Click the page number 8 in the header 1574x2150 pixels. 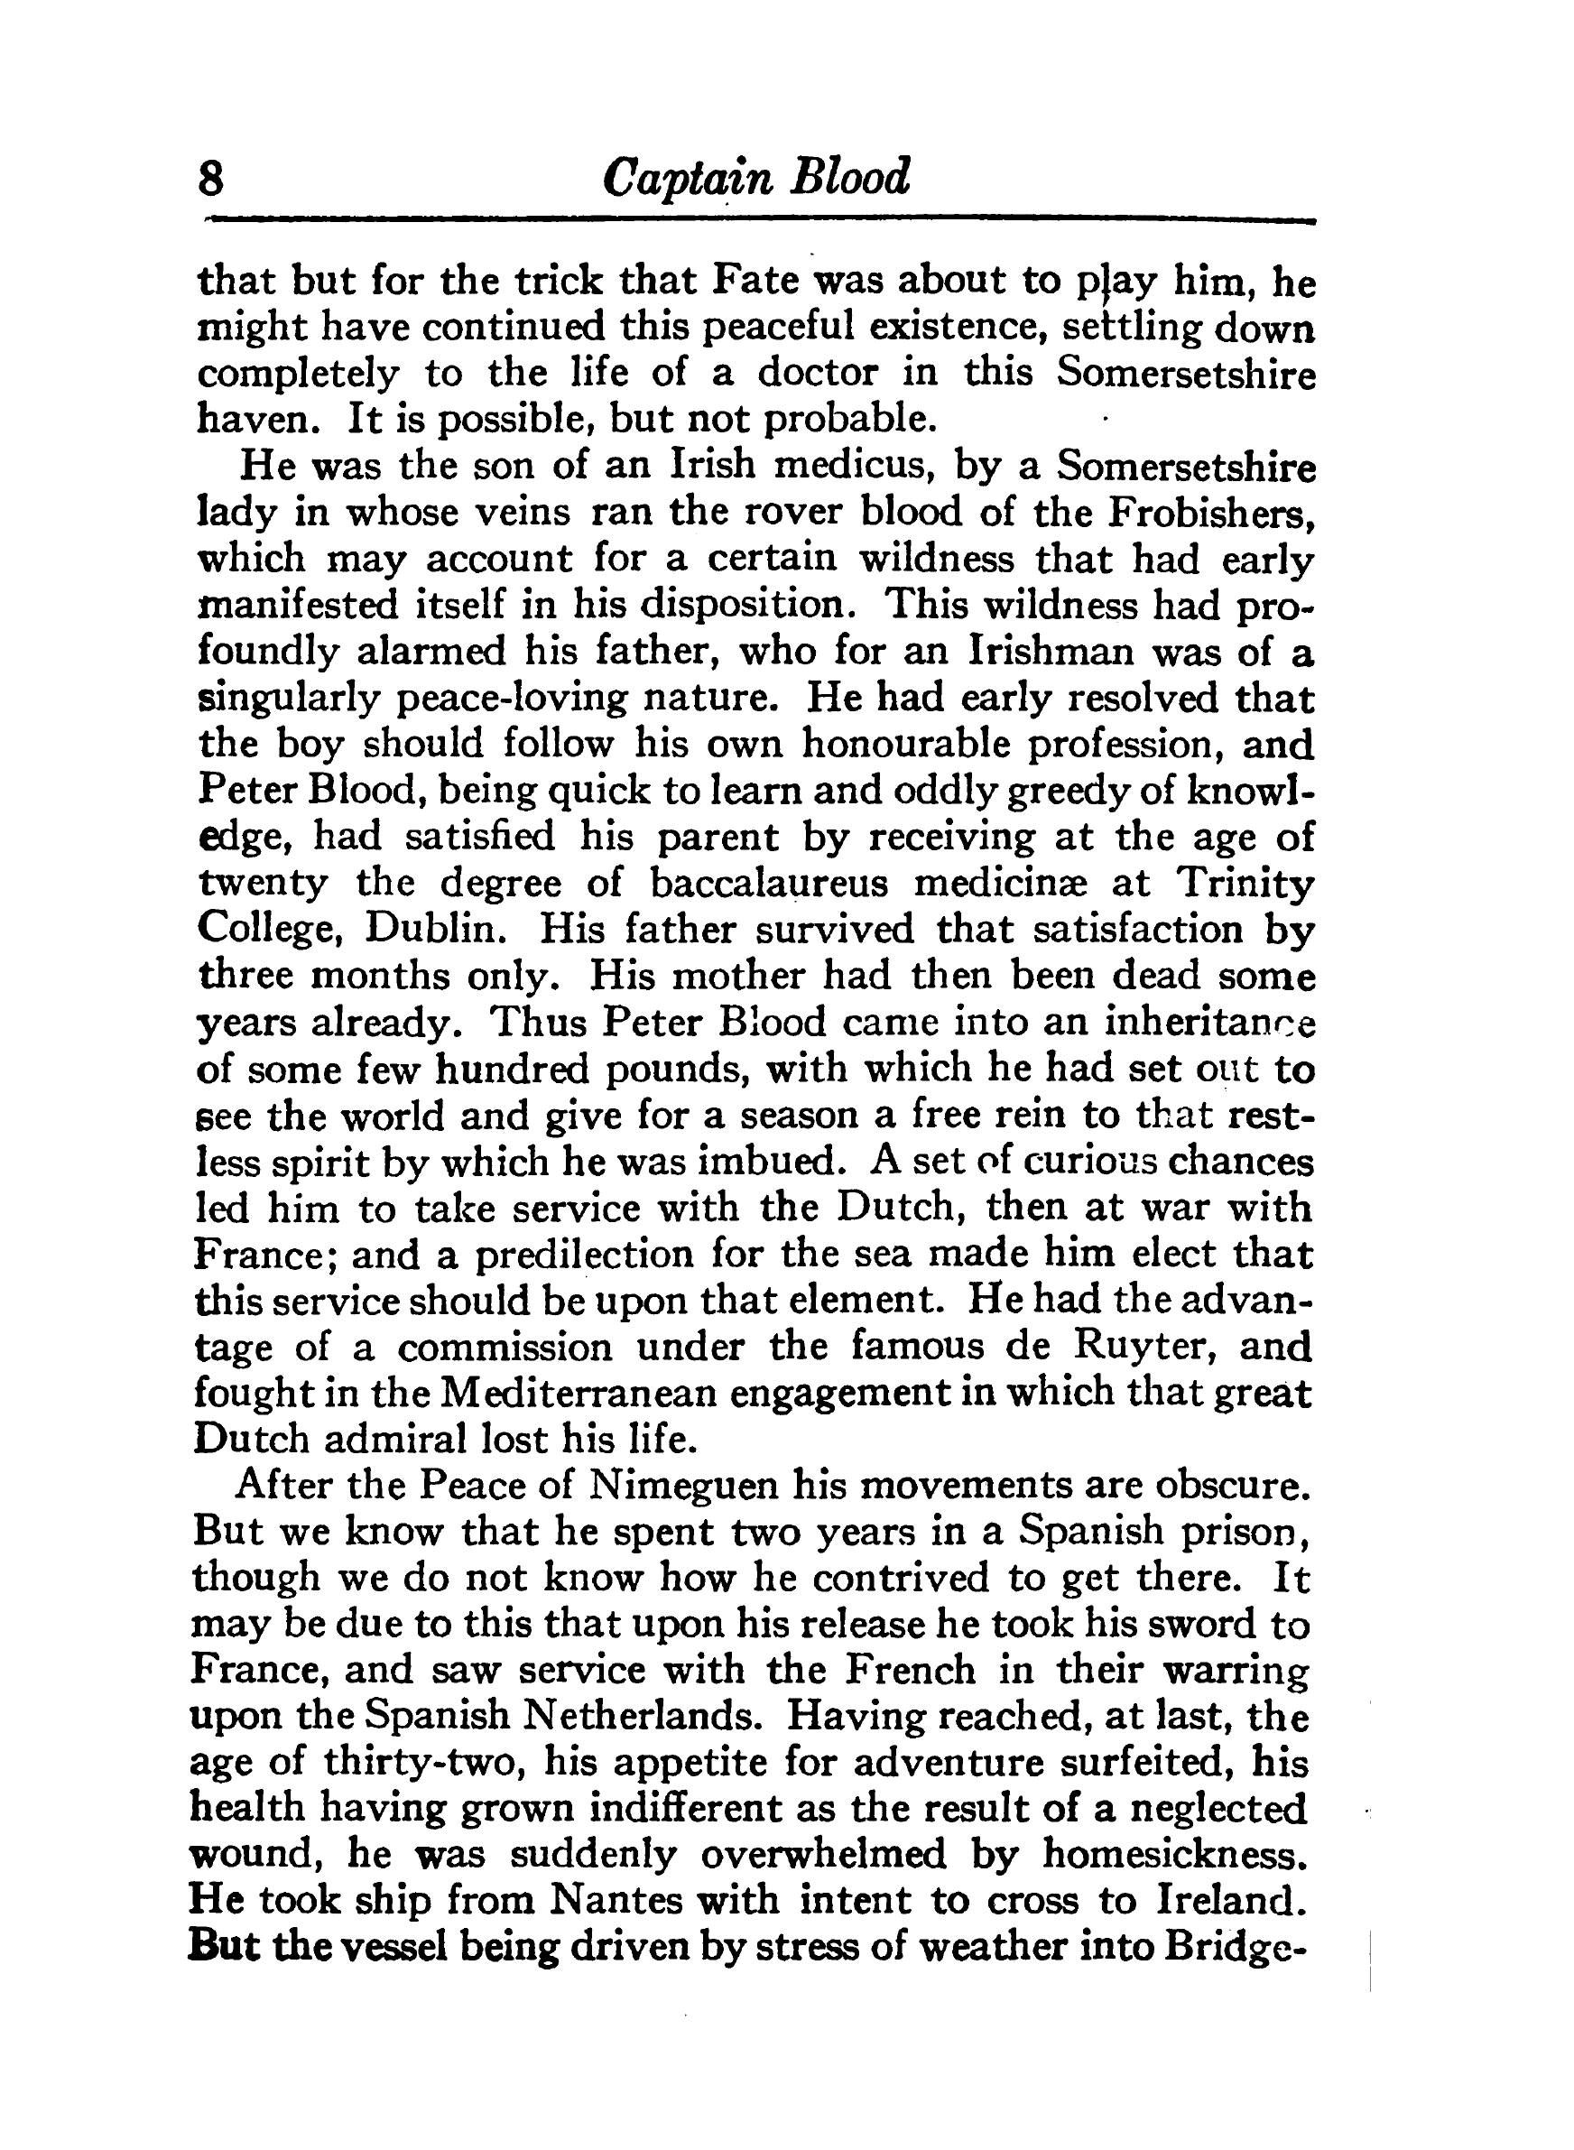[210, 178]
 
